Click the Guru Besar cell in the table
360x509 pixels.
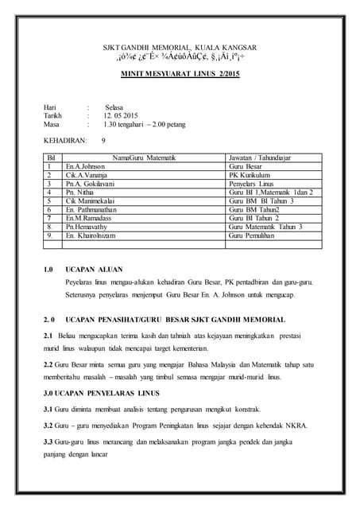pos(245,167)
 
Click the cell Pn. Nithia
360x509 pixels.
pos(81,192)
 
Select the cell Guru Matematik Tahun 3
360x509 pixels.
pos(265,227)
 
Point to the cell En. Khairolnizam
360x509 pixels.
pos(95,235)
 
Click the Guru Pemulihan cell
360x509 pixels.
pos(251,235)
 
